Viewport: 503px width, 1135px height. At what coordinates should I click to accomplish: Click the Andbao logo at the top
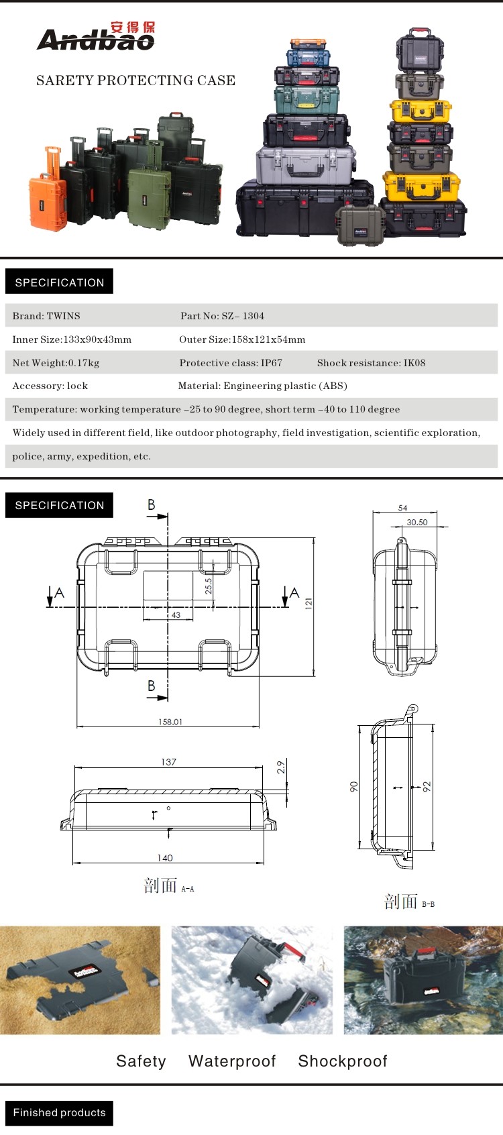tap(96, 38)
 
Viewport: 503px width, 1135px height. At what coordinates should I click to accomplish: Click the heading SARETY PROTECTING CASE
tap(135, 80)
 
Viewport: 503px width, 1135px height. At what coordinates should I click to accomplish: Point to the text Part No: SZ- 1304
tap(222, 316)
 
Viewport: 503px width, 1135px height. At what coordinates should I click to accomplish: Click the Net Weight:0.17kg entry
tap(56, 363)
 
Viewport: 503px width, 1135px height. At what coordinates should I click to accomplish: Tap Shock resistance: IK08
tap(371, 363)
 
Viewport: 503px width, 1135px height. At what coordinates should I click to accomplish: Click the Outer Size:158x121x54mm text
tap(241, 339)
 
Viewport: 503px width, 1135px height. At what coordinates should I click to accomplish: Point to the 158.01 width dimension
tap(170, 722)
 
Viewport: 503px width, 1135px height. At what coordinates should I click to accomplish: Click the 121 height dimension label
tap(309, 603)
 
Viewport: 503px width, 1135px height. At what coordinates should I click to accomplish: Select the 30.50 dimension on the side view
tap(416, 522)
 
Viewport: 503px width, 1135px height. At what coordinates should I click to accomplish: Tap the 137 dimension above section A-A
tap(168, 761)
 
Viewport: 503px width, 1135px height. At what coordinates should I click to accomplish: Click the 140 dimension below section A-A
tap(165, 857)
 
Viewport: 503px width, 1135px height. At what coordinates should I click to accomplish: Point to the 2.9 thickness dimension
tap(281, 767)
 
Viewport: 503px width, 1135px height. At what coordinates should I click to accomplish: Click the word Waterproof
tap(232, 1061)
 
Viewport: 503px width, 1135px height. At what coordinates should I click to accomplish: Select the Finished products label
tap(59, 1113)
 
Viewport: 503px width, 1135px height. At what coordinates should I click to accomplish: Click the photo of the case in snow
tap(251, 980)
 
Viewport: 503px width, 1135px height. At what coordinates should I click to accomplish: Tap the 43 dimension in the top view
tap(176, 614)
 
